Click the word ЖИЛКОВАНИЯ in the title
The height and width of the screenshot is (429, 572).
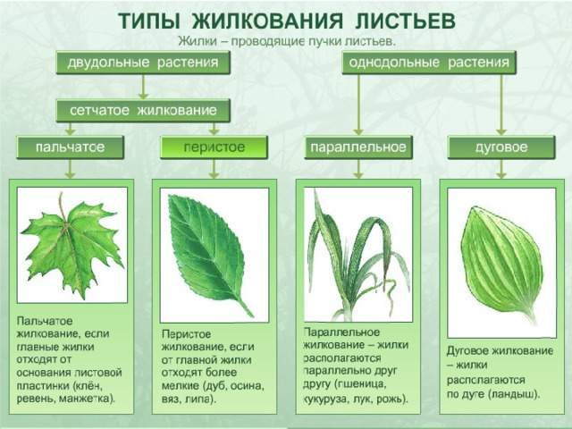click(267, 21)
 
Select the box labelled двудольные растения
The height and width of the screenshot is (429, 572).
click(143, 63)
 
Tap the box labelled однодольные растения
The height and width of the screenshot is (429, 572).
click(429, 63)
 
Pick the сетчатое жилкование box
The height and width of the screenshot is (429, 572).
click(143, 110)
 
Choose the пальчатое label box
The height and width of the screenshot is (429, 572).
click(70, 147)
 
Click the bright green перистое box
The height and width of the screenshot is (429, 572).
click(214, 147)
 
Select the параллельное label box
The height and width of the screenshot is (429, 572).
click(358, 147)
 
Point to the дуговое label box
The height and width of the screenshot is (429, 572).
click(501, 147)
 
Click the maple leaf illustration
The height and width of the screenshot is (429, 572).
click(71, 245)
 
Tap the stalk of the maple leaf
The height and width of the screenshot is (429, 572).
click(63, 207)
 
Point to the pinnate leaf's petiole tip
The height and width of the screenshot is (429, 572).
click(252, 316)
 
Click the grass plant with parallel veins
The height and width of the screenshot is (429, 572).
click(357, 256)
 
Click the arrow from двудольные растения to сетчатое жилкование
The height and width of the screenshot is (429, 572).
click(143, 87)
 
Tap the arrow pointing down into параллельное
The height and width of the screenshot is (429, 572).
click(358, 105)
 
